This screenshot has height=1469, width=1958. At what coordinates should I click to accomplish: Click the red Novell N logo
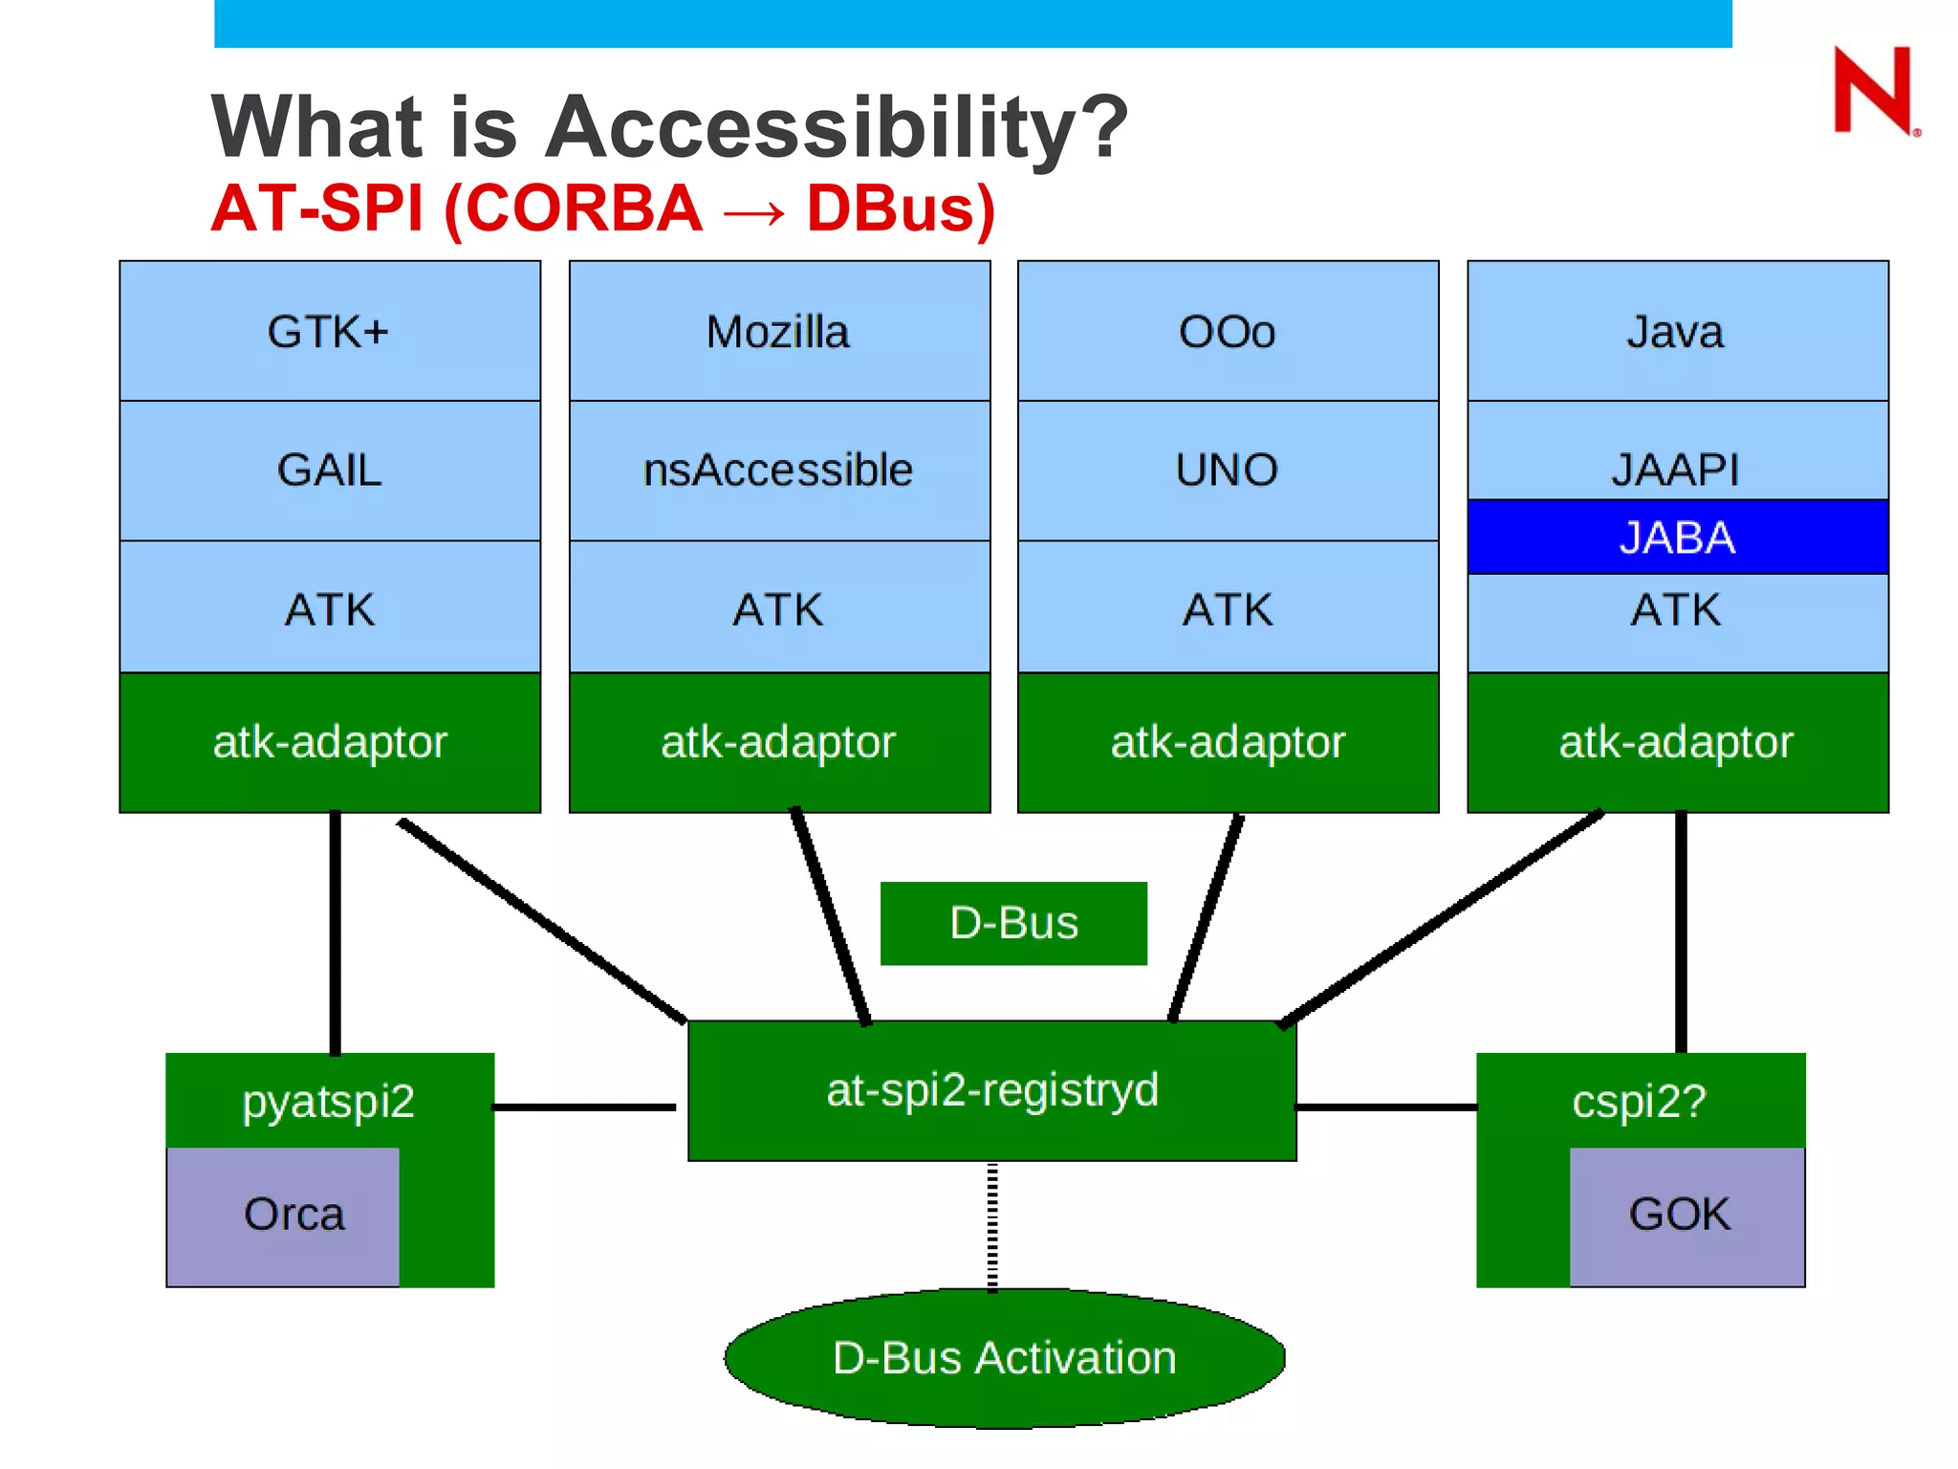1874,91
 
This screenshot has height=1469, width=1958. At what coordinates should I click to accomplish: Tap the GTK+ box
329,332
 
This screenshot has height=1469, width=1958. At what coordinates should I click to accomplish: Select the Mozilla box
778,332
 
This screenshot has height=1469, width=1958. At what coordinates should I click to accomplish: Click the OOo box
1228,332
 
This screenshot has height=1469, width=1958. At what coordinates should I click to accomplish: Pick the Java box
1677,332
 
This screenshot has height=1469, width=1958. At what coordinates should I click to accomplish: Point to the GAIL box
329,471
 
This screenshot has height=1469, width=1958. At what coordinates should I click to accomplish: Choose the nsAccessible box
778,471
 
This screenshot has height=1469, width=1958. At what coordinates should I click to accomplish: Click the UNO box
1228,471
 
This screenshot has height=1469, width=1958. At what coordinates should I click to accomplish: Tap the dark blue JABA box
1677,537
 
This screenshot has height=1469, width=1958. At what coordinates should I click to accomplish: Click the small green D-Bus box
1013,924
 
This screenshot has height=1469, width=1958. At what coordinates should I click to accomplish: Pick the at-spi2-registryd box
992,1091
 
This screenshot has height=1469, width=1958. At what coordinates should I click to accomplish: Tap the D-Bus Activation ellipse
1004,1358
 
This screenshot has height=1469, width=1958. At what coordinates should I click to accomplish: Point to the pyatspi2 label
328,1101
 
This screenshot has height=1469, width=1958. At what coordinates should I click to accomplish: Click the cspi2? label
1639,1101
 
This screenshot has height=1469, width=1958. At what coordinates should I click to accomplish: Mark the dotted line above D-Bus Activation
992,1227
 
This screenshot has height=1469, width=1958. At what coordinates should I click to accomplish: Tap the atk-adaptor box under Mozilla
778,743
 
